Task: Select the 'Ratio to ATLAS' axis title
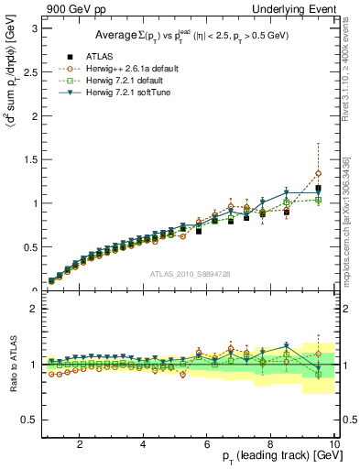click(10, 365)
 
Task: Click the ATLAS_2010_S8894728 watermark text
click(189, 274)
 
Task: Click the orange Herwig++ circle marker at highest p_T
click(318, 173)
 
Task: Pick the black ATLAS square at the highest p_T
click(318, 189)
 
